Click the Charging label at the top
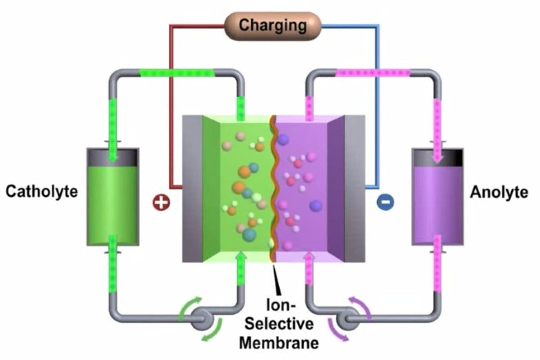click(x=272, y=25)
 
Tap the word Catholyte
click(x=41, y=192)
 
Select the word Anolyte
click(x=499, y=192)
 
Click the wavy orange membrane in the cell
click(x=272, y=189)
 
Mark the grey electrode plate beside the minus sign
click(x=354, y=189)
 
